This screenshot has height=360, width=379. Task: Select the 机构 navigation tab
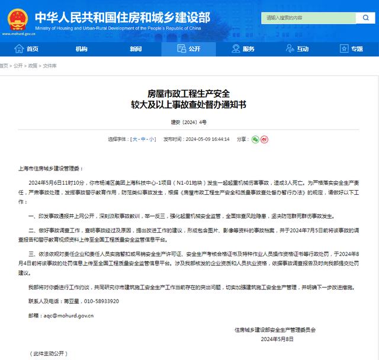(x=81, y=49)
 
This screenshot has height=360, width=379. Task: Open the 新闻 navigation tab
(x=136, y=49)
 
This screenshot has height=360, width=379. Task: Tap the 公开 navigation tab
(x=189, y=49)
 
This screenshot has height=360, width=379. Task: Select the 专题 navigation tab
(x=353, y=49)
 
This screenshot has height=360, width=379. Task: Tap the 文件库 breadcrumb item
(x=50, y=66)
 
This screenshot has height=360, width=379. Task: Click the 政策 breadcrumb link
(x=33, y=66)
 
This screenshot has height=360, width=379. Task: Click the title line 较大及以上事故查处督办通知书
(x=189, y=104)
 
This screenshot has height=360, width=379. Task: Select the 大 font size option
(x=134, y=139)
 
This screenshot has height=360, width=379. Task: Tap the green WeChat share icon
(x=255, y=139)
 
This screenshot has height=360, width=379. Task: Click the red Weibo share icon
(x=264, y=139)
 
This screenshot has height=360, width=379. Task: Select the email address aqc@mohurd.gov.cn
(x=65, y=316)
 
